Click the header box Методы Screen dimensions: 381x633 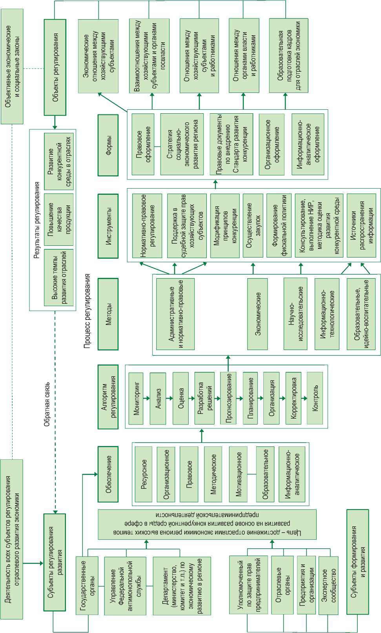pyautogui.click(x=108, y=314)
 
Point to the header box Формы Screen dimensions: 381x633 pyautogui.click(x=108, y=145)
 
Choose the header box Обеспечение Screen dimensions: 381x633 pyautogui.click(x=108, y=474)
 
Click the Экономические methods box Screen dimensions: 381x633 pyautogui.click(x=257, y=314)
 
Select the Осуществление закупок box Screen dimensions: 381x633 pyautogui.click(x=253, y=225)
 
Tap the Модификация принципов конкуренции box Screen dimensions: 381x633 pyautogui.click(x=225, y=225)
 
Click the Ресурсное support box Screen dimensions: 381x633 pyautogui.click(x=144, y=474)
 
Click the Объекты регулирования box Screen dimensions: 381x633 pyautogui.click(x=55, y=67)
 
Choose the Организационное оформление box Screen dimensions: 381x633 pyautogui.click(x=272, y=145)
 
